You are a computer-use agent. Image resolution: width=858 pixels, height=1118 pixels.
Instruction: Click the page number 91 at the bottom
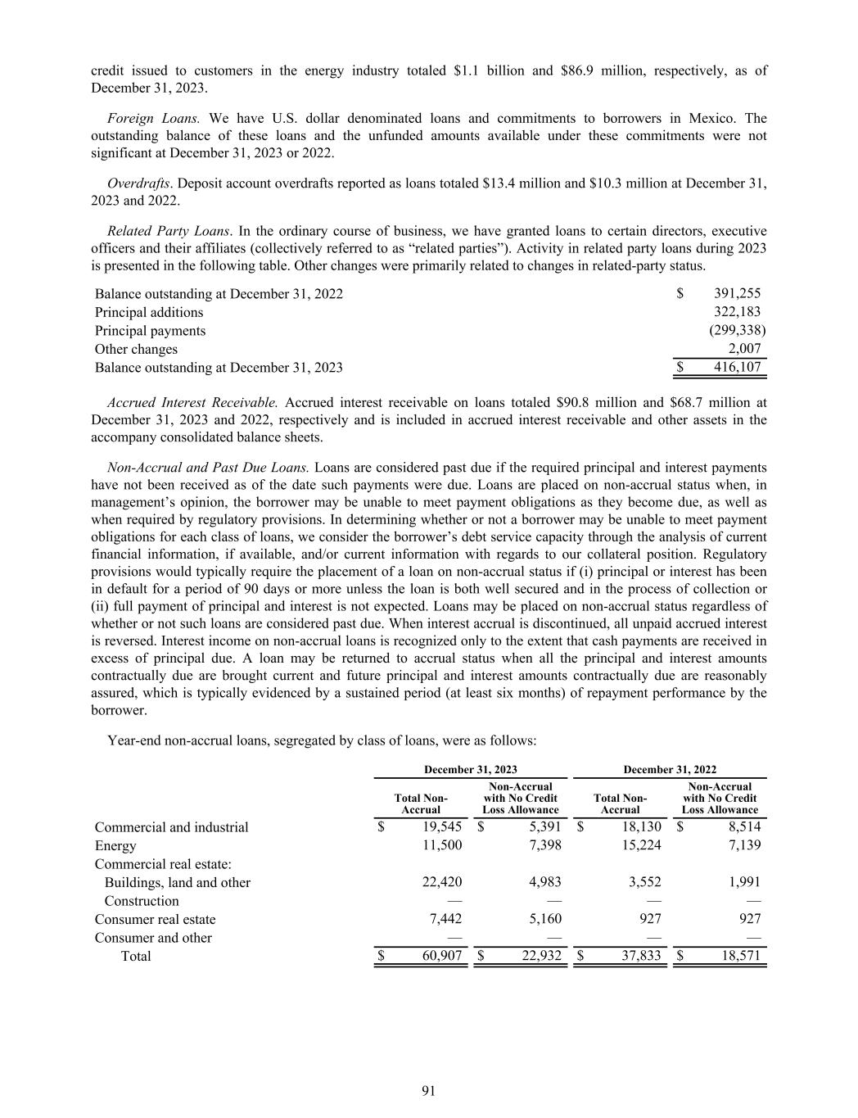(428, 1090)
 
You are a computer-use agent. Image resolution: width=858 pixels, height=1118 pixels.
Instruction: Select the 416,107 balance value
(738, 367)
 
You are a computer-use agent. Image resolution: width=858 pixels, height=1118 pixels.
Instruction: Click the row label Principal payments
(150, 331)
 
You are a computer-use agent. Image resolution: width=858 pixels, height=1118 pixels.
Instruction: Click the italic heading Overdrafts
(133, 183)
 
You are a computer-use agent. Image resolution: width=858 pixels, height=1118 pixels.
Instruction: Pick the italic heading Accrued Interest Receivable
(193, 402)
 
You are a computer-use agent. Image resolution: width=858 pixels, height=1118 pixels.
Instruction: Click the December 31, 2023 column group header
(470, 769)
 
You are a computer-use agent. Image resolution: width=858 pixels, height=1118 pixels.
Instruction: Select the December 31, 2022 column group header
(670, 769)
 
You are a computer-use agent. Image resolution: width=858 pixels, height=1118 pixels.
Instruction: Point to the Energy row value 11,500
(442, 845)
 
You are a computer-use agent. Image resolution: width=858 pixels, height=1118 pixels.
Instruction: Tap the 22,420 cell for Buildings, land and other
(442, 882)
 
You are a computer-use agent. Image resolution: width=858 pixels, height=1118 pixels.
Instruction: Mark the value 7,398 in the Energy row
(542, 845)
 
